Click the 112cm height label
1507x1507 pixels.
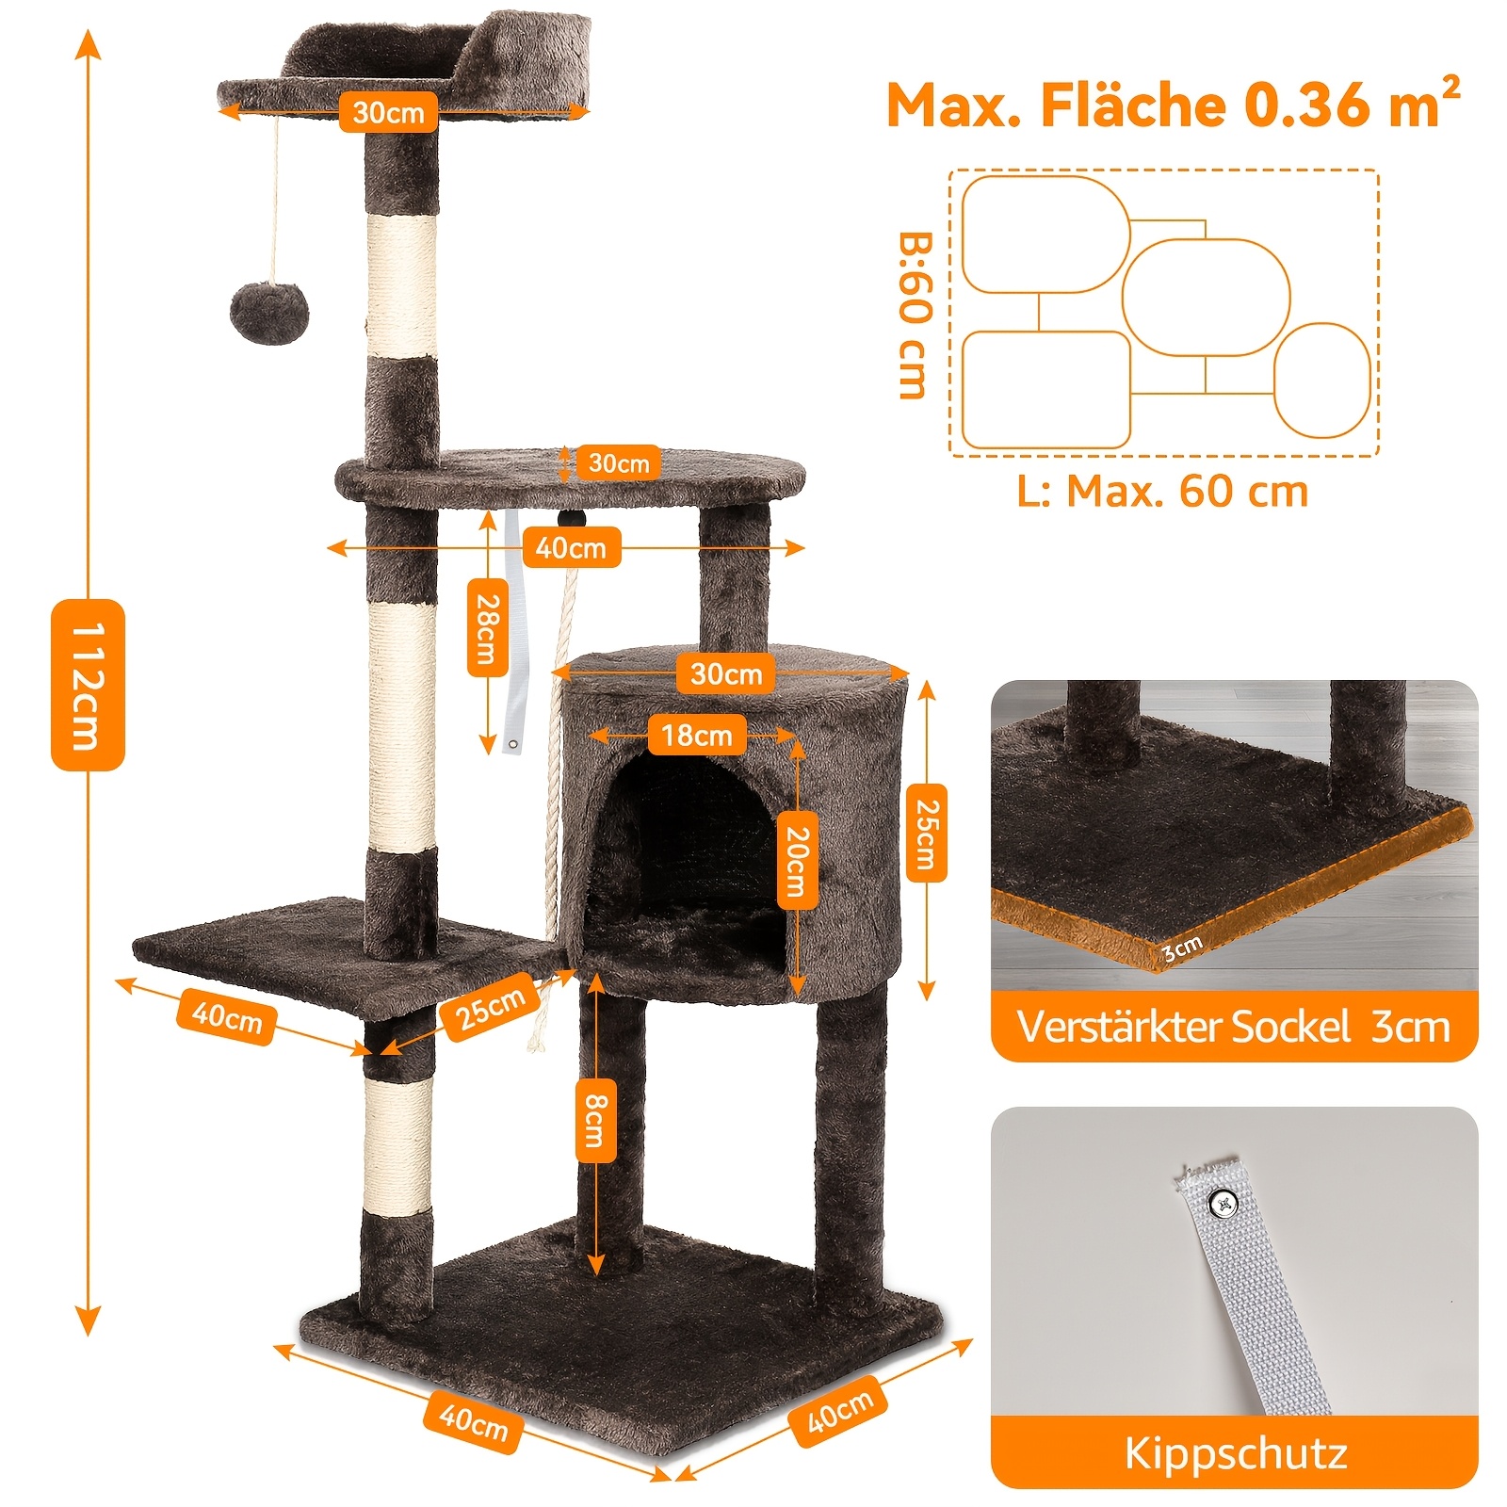click(87, 685)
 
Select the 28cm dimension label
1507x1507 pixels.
click(488, 628)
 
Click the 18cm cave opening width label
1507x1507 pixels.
click(697, 735)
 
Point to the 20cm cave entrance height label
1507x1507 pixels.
click(798, 861)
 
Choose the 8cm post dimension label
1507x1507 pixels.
click(596, 1120)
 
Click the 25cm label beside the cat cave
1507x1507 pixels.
click(927, 833)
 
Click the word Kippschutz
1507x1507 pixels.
click(1235, 1453)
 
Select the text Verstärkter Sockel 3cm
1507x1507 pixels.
click(1233, 1026)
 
